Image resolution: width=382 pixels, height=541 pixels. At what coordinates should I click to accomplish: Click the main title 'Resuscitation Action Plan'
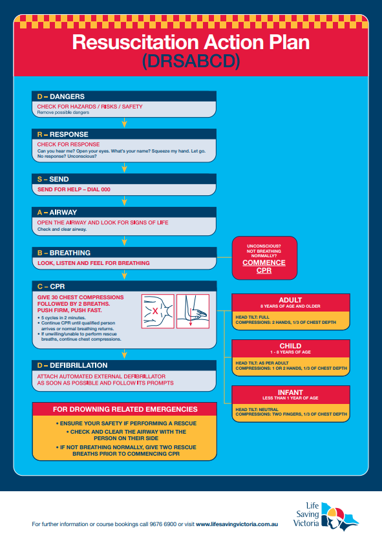pyautogui.click(x=191, y=42)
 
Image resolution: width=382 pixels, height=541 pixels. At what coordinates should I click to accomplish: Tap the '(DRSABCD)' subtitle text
pyautogui.click(x=191, y=61)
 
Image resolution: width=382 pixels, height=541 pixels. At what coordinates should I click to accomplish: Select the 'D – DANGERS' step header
pyautogui.click(x=61, y=96)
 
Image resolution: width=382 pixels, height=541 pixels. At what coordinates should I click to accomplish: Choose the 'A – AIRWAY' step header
pyautogui.click(x=58, y=212)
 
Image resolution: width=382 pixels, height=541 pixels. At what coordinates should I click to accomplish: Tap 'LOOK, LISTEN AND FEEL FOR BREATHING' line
pyautogui.click(x=94, y=263)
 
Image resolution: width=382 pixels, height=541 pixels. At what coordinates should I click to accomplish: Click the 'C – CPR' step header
pyautogui.click(x=52, y=286)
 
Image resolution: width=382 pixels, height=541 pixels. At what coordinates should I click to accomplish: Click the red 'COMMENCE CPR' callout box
pyautogui.click(x=263, y=259)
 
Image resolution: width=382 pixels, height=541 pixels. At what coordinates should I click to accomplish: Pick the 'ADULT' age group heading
pyautogui.click(x=290, y=299)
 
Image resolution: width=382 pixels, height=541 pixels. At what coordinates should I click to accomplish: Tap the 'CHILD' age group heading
pyautogui.click(x=290, y=346)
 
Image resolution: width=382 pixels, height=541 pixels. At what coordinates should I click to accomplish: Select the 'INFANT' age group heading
pyautogui.click(x=290, y=392)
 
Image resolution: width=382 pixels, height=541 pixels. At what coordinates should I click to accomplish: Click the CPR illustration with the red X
pyautogui.click(x=158, y=311)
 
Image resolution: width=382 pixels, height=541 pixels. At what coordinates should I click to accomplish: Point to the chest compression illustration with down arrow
pyautogui.click(x=193, y=311)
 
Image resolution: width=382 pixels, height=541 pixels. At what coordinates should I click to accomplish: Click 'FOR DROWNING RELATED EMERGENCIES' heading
pyautogui.click(x=125, y=409)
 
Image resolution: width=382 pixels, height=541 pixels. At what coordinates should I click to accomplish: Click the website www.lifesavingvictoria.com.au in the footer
pyautogui.click(x=237, y=524)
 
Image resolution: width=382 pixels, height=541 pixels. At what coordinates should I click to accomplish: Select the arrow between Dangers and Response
pyautogui.click(x=124, y=122)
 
